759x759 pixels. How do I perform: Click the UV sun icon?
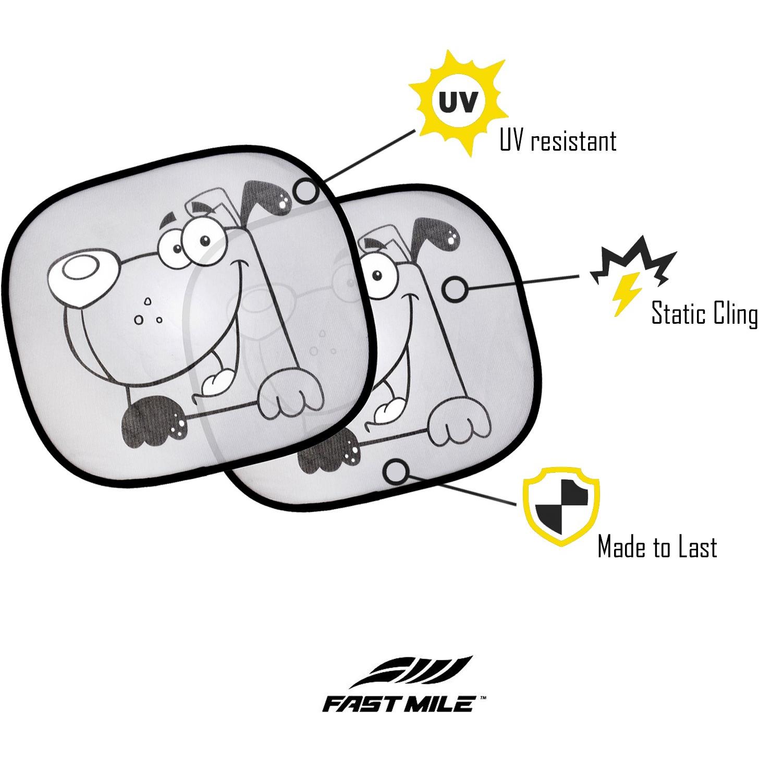[x=458, y=103]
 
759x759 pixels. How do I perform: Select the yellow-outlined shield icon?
[x=561, y=507]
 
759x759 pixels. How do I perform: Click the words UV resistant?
[x=558, y=140]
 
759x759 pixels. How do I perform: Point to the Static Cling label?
[x=705, y=314]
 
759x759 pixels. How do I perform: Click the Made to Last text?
[x=657, y=547]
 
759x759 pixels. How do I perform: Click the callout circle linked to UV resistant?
[x=306, y=190]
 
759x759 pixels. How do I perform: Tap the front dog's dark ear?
[x=265, y=199]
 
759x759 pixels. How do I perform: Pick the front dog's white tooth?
[x=217, y=381]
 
